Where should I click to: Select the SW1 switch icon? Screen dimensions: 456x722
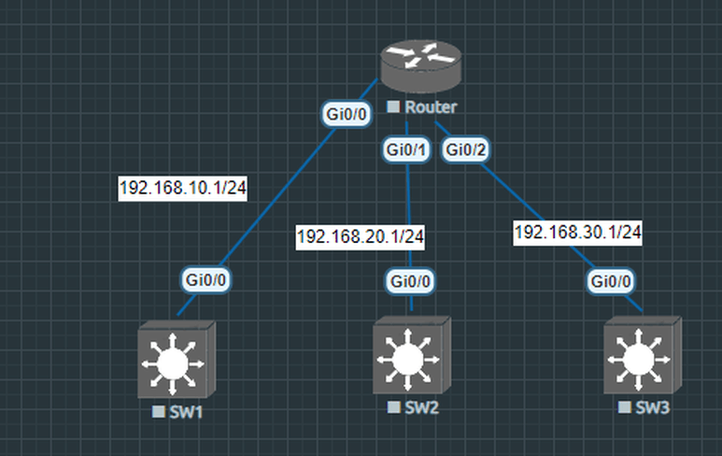[176, 360]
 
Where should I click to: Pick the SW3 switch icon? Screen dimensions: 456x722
[642, 359]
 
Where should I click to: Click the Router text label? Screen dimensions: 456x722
[431, 108]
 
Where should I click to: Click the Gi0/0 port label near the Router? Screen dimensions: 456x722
[346, 114]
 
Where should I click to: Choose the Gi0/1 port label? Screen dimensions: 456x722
[407, 150]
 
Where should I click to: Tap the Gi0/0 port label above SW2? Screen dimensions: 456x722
[411, 280]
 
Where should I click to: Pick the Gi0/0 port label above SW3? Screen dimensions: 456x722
[614, 280]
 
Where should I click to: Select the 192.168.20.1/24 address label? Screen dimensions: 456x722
[360, 237]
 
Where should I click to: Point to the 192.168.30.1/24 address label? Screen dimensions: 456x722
[577, 233]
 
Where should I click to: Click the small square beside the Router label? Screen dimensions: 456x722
[393, 108]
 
